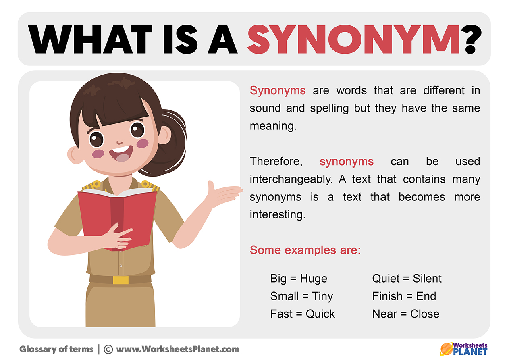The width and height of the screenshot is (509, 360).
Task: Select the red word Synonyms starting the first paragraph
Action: [x=278, y=91]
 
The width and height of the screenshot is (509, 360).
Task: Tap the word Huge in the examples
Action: [x=314, y=279]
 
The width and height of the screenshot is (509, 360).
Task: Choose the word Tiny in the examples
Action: [x=322, y=296]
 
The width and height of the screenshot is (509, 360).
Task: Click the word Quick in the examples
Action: [x=320, y=314]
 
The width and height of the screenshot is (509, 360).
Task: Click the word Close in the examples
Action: [x=425, y=314]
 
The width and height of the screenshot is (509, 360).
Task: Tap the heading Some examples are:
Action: [x=305, y=250]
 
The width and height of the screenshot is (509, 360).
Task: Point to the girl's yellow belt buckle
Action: [x=120, y=280]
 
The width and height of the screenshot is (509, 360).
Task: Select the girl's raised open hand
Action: [x=224, y=194]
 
